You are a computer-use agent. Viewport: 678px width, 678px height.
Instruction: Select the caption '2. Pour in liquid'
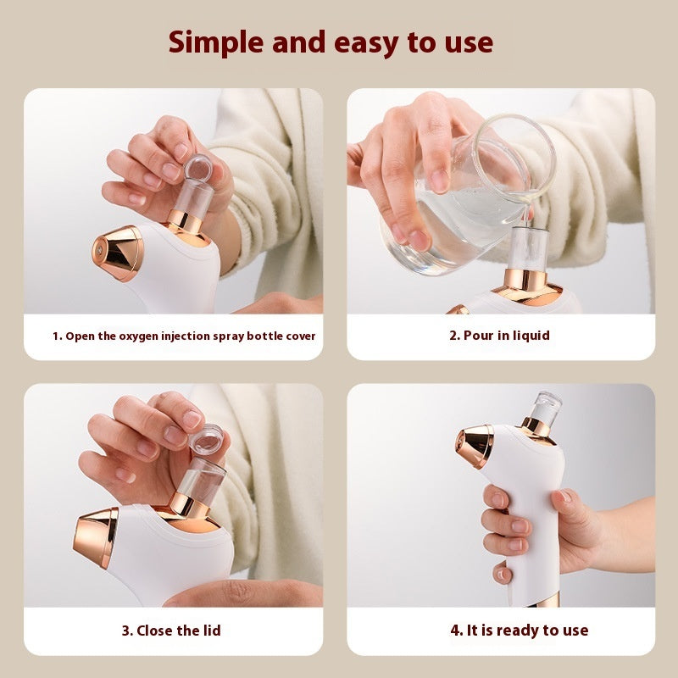point(499,336)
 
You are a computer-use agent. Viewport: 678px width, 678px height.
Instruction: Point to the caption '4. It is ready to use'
point(519,630)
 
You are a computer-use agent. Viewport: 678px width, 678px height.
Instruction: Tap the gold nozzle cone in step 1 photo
point(119,253)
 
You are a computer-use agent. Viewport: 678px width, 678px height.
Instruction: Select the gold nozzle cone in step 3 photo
point(97,537)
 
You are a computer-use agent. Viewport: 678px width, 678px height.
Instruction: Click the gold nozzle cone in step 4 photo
point(476,447)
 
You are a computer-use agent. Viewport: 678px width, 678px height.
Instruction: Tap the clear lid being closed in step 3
point(203,442)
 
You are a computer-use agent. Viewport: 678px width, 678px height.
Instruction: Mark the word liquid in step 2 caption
point(530,336)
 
